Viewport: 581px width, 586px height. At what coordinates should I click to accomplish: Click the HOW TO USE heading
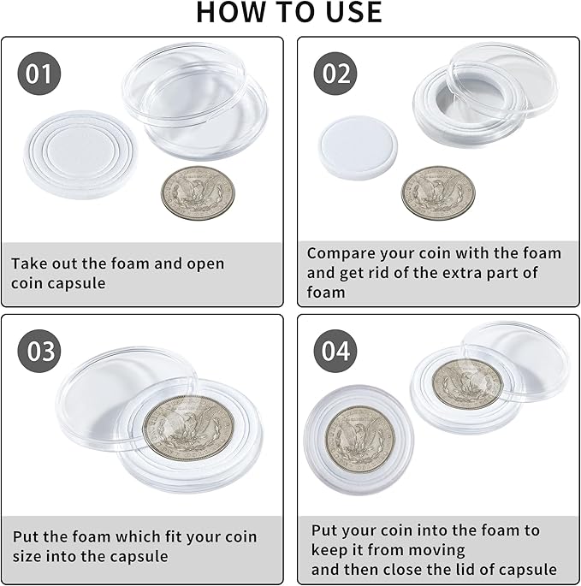[x=289, y=13]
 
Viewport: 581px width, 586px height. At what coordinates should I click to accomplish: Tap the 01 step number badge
[x=39, y=74]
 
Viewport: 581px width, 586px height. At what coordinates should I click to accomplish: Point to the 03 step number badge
[x=39, y=352]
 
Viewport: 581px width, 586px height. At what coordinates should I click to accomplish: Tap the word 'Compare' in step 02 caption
[x=340, y=253]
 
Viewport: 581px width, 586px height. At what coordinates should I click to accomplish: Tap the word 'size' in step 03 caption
[x=29, y=557]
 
